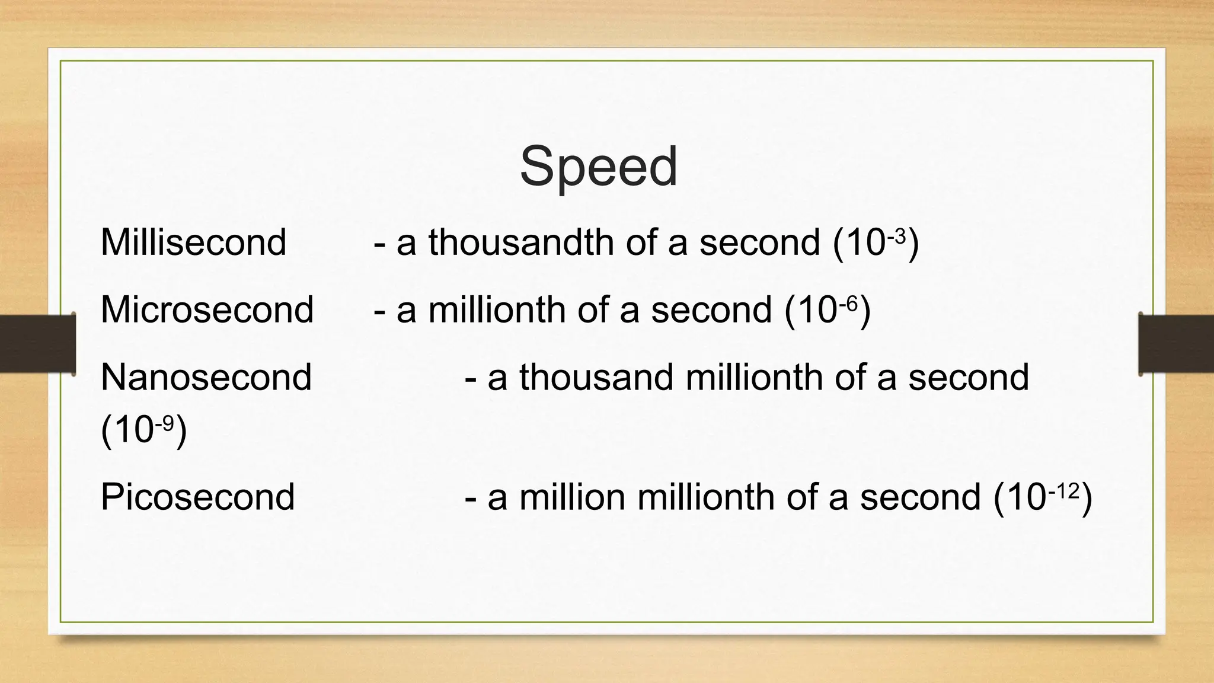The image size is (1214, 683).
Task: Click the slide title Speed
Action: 598,167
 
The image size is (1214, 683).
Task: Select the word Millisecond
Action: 193,242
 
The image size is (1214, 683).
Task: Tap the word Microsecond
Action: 207,309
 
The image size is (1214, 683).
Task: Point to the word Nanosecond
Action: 206,377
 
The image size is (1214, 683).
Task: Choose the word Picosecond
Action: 197,497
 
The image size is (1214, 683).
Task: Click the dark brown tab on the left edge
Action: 37,344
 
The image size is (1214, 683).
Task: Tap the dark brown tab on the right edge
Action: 1176,344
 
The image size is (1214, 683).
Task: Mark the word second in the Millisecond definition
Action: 759,242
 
